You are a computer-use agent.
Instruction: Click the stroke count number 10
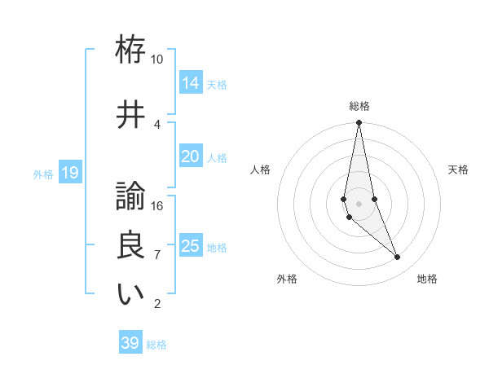click(x=156, y=59)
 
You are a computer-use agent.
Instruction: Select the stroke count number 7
click(x=156, y=255)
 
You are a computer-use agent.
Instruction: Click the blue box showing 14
click(x=191, y=83)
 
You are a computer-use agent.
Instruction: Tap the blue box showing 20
click(x=191, y=156)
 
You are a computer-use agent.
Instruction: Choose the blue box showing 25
click(x=191, y=246)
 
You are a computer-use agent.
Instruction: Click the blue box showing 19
click(x=69, y=173)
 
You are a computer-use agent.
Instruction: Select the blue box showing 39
click(x=130, y=343)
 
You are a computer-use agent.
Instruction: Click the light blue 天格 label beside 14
click(x=217, y=84)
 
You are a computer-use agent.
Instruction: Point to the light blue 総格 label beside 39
click(x=156, y=345)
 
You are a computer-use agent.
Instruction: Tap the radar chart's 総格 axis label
click(x=359, y=106)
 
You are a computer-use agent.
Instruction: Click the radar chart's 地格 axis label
click(x=427, y=279)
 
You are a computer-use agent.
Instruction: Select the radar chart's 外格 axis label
click(x=287, y=279)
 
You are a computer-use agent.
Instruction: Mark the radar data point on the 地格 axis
click(x=398, y=258)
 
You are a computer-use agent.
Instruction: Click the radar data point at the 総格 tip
click(x=359, y=123)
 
